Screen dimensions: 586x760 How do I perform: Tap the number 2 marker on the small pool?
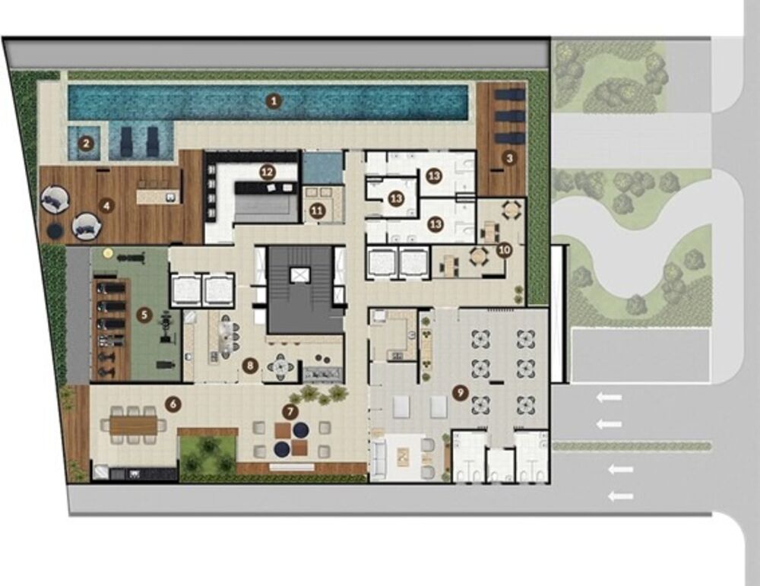point(87,143)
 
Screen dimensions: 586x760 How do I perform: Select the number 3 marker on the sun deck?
point(509,158)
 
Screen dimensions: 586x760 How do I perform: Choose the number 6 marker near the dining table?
point(173,404)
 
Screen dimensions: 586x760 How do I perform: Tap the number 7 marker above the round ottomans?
point(289,411)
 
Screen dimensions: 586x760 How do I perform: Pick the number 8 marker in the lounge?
point(249,366)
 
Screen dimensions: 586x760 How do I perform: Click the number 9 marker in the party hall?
point(458,392)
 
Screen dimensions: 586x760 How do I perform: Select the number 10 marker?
point(503,249)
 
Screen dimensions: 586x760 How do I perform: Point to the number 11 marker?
point(317,211)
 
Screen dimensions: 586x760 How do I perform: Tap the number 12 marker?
point(267,171)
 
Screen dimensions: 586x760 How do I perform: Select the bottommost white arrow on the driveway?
point(621,496)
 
